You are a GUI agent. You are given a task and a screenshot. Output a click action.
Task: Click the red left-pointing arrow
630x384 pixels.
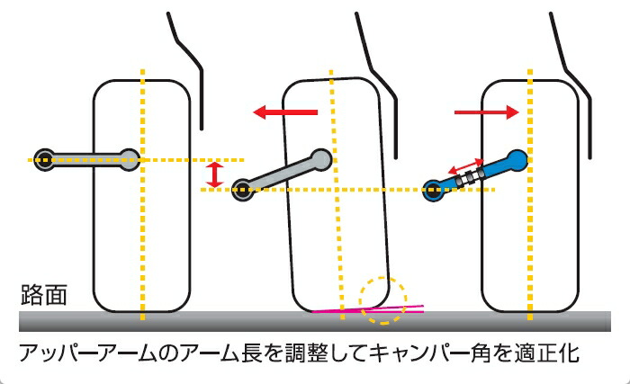[284, 112]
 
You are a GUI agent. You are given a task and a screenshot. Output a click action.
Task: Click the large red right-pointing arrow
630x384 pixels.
[487, 112]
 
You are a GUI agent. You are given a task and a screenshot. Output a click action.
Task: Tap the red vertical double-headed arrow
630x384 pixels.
[213, 174]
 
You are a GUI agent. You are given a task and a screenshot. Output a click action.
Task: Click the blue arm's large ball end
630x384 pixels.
[516, 160]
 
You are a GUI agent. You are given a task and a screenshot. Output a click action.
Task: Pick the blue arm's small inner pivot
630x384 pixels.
[435, 189]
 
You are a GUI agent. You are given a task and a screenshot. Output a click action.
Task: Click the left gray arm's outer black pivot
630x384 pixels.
[41, 159]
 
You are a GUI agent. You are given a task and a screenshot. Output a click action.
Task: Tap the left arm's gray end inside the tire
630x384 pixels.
[129, 159]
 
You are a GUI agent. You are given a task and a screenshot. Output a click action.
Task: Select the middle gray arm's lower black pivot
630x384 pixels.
[242, 189]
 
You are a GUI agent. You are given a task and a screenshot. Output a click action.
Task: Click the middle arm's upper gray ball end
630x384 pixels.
[321, 158]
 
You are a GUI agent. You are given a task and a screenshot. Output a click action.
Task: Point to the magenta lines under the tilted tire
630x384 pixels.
[378, 309]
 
